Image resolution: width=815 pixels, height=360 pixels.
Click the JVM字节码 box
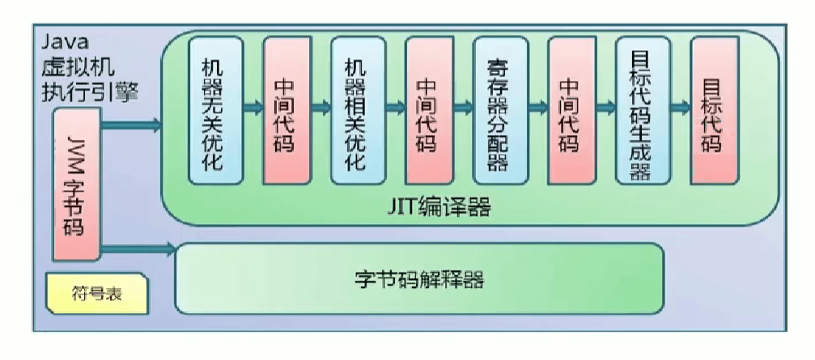[x=75, y=181]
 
